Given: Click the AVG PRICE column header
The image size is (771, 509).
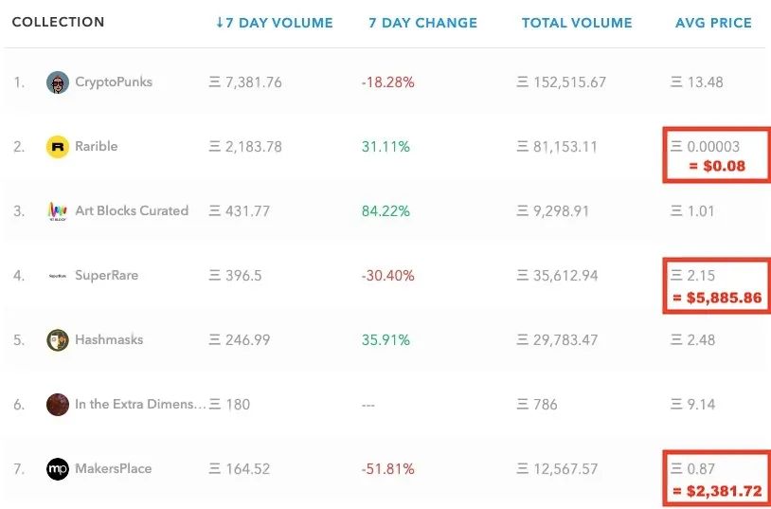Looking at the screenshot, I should (713, 23).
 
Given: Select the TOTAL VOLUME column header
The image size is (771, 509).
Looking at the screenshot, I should (577, 23).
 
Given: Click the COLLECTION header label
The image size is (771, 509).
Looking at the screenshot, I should (59, 22).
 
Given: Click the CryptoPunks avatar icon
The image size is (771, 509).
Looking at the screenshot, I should (58, 82).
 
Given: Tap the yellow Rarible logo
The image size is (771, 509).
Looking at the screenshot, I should (58, 147).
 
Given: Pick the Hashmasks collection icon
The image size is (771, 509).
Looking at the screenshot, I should (58, 340).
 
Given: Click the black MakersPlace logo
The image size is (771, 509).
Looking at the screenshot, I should (58, 469).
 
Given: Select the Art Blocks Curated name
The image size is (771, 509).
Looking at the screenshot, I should (132, 211).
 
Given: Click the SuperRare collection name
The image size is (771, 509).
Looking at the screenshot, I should (107, 276).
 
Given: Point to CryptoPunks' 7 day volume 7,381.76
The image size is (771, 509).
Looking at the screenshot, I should (245, 82).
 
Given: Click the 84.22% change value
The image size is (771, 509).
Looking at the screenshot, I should (385, 211).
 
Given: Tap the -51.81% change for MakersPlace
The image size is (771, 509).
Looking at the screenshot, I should (387, 469).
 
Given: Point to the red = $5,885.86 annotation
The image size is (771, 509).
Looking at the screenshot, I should (718, 298).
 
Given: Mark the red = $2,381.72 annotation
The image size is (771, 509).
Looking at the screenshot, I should (718, 490).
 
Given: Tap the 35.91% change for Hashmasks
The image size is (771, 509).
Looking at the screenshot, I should (385, 340).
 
